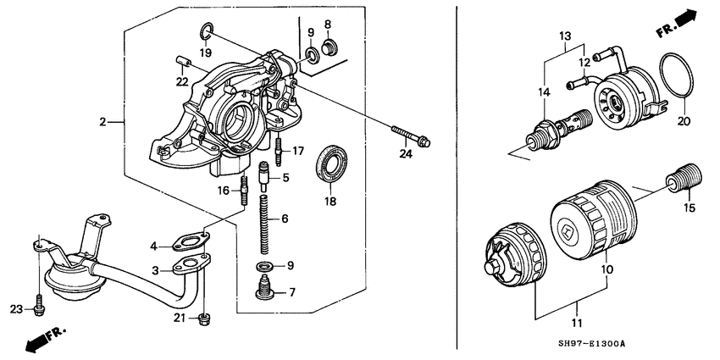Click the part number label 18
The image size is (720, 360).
(330, 202)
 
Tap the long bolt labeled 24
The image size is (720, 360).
(411, 136)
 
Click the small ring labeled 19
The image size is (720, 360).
(207, 33)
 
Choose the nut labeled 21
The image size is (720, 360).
(203, 318)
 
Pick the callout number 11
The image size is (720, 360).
(578, 322)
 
